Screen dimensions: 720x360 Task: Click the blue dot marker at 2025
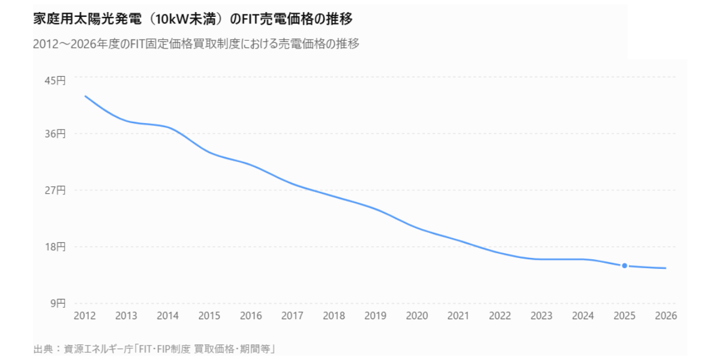click(624, 266)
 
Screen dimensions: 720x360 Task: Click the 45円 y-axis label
click(55, 80)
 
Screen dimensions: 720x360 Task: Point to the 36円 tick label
click(55, 133)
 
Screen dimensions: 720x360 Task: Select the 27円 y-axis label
click(55, 190)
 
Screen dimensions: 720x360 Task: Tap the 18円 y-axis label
click(55, 247)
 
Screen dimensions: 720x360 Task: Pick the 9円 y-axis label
click(58, 303)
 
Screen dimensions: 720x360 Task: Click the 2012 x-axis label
click(85, 316)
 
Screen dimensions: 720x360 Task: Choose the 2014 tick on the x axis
click(168, 316)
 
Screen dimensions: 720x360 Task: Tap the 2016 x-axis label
click(251, 316)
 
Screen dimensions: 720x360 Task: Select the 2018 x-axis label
click(334, 316)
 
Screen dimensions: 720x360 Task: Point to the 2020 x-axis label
click(417, 316)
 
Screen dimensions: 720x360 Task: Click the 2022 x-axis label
click(500, 316)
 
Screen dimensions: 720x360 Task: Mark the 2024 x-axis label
click(583, 316)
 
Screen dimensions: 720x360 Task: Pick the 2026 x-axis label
click(666, 316)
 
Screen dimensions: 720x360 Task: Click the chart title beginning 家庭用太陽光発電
click(193, 19)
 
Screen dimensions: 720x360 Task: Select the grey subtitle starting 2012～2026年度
click(196, 44)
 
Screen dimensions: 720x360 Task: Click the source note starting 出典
click(154, 349)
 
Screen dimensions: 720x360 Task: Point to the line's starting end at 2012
click(85, 96)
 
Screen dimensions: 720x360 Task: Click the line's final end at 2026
click(665, 268)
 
